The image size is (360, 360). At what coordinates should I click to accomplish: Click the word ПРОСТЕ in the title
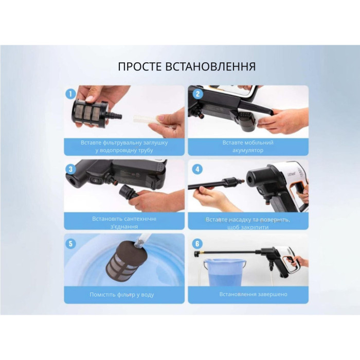click(138, 67)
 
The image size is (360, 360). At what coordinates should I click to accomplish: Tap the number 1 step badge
click(69, 94)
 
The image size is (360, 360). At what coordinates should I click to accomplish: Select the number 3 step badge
click(69, 169)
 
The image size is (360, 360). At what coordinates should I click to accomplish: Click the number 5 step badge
click(69, 243)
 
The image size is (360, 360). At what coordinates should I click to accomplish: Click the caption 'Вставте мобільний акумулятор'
click(248, 146)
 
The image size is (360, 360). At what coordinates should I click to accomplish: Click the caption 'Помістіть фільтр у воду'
click(124, 295)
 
